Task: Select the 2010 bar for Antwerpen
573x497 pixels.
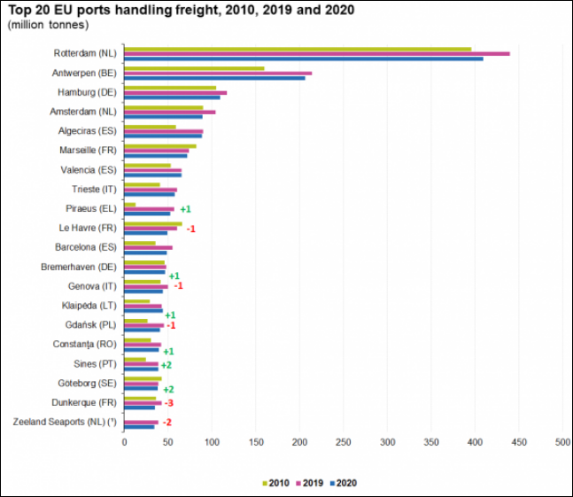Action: pyautogui.click(x=194, y=68)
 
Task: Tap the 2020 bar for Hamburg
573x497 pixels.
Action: pyautogui.click(x=172, y=97)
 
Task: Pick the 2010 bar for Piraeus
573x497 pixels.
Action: pyautogui.click(x=129, y=205)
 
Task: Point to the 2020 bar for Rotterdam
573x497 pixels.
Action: pyautogui.click(x=303, y=58)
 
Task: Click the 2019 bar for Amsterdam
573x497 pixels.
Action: pyautogui.click(x=169, y=112)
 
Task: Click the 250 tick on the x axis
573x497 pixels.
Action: pyautogui.click(x=343, y=440)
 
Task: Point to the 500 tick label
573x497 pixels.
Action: pyautogui.click(x=562, y=440)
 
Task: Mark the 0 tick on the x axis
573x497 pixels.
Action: pyautogui.click(x=124, y=440)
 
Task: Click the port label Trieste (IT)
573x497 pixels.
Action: pyautogui.click(x=94, y=189)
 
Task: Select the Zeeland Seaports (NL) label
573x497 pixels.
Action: pyautogui.click(x=66, y=422)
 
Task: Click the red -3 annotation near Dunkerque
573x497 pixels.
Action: pyautogui.click(x=168, y=403)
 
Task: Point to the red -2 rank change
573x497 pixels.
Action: pyautogui.click(x=166, y=422)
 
